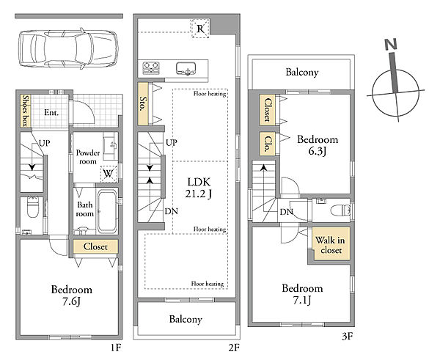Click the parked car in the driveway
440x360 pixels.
pos(68,48)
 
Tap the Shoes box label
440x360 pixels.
pos(26,111)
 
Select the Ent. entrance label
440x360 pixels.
pos(51,113)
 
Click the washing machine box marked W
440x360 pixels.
pos(109,174)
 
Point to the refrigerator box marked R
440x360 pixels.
pos(200,29)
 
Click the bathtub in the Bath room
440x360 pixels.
pos(107,212)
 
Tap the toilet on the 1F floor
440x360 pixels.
pos(33,207)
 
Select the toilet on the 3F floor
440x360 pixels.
pos(340,210)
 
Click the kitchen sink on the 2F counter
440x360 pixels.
pos(186,69)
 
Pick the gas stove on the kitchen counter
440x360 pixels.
pos(151,68)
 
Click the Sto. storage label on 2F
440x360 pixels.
pos(143,103)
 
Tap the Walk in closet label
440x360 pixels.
pos(331,245)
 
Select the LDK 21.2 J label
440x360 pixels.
pos(199,188)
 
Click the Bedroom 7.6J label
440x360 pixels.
pos(72,295)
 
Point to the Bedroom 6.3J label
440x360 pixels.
pos(318,145)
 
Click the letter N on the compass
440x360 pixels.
pos(391,45)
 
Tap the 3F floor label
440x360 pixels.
pos(347,336)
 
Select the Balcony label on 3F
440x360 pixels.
pos(302,72)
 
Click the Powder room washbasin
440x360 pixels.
pos(111,144)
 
